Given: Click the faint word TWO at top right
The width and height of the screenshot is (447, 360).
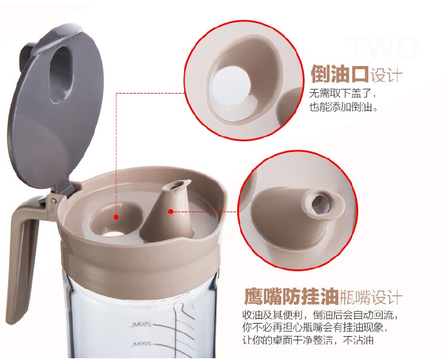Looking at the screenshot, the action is pyautogui.click(x=383, y=47).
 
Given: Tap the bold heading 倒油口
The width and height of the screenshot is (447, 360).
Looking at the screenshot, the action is pyautogui.click(x=340, y=74).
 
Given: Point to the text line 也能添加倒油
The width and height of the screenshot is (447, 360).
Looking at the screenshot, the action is pyautogui.click(x=343, y=107).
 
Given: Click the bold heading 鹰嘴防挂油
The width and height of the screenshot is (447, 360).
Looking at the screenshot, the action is pyautogui.click(x=291, y=296).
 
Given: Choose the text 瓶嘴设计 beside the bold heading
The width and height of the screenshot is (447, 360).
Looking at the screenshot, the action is pyautogui.click(x=371, y=297).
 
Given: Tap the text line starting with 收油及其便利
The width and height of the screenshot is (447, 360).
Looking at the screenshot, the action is pyautogui.click(x=320, y=315).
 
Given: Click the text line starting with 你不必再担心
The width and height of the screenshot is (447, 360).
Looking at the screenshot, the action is pyautogui.click(x=315, y=327).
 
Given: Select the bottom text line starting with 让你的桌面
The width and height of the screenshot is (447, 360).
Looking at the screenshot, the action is pyautogui.click(x=308, y=340).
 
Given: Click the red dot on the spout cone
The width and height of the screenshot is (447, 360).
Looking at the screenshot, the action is pyautogui.click(x=170, y=212).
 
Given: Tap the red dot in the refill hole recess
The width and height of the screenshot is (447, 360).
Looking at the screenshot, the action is pyautogui.click(x=116, y=217).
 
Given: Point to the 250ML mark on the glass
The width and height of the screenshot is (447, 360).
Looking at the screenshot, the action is pyautogui.click(x=141, y=325).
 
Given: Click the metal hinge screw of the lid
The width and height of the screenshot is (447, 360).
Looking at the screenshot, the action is pyautogui.click(x=53, y=201).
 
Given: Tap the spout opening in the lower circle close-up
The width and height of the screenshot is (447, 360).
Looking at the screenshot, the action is pyautogui.click(x=319, y=203).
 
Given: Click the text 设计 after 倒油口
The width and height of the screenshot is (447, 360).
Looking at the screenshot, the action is pyautogui.click(x=386, y=75).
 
